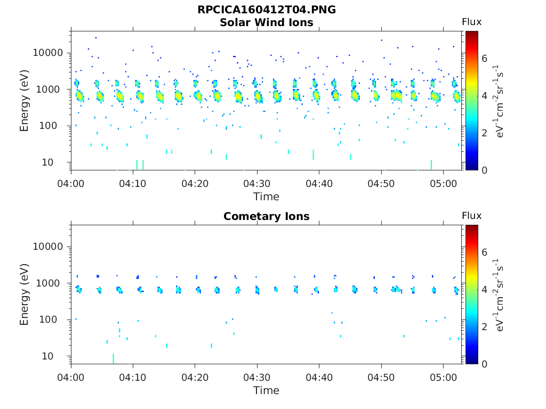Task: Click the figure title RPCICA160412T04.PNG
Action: point(267,10)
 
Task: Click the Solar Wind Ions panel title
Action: point(267,22)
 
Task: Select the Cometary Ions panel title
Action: point(267,216)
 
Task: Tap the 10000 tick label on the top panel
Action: point(49,53)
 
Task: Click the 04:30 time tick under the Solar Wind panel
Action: point(258,183)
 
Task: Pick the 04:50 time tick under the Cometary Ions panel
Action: point(381,377)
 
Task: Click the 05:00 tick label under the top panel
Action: point(444,183)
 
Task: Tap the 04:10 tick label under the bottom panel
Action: point(133,377)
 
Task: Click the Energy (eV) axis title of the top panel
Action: point(25,101)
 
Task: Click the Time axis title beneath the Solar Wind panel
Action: point(266,197)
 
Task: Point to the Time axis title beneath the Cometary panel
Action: point(266,390)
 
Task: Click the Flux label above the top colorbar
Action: point(471,22)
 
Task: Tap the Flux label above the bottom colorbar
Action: point(471,216)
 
